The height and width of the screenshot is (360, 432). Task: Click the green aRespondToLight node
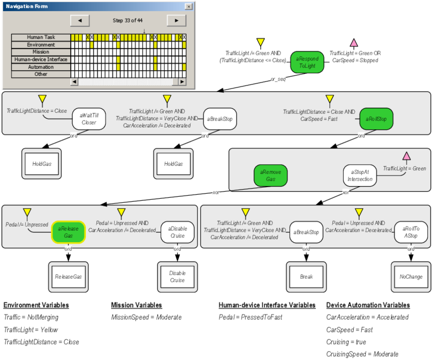[307, 62]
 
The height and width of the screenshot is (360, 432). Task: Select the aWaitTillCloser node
[88, 119]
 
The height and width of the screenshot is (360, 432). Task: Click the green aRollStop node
[376, 119]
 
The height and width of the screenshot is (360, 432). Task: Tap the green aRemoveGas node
[270, 176]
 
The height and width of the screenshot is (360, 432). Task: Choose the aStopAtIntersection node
[360, 176]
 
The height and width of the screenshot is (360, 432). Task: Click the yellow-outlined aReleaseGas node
[68, 232]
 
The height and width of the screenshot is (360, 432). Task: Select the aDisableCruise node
[177, 232]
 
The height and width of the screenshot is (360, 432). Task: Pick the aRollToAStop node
[411, 232]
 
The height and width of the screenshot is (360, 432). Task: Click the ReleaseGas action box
[68, 277]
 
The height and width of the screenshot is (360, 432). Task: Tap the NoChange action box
[411, 277]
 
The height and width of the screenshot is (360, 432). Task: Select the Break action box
[306, 277]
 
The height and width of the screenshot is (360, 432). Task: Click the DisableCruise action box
[177, 277]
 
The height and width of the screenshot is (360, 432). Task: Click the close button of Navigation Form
[189, 7]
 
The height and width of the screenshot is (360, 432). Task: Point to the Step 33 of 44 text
[128, 20]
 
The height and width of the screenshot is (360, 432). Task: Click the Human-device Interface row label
[41, 59]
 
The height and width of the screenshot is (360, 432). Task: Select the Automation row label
[41, 67]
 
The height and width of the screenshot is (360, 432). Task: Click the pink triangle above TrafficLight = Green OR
[354, 43]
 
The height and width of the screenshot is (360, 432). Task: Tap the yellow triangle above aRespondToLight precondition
[261, 43]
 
